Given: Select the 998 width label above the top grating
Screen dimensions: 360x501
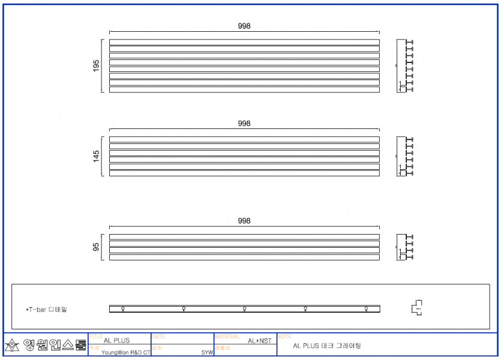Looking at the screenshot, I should pyautogui.click(x=244, y=26).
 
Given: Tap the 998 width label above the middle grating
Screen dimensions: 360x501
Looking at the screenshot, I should pyautogui.click(x=244, y=124).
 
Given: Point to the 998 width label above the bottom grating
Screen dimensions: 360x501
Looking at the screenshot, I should pyautogui.click(x=244, y=221).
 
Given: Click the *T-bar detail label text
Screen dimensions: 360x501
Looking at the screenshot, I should pyautogui.click(x=46, y=310).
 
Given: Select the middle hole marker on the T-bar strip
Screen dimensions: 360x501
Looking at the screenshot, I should pyautogui.click(x=244, y=308).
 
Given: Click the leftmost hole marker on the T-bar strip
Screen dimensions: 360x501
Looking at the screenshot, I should pyautogui.click(x=123, y=308).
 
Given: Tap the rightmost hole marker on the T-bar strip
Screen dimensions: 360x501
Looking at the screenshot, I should pyautogui.click(x=366, y=308).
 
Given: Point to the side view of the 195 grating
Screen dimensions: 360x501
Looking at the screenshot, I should pyautogui.click(x=406, y=66).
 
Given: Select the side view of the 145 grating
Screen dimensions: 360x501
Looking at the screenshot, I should pyautogui.click(x=406, y=157).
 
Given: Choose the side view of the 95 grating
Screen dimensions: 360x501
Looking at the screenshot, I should pyautogui.click(x=406, y=247).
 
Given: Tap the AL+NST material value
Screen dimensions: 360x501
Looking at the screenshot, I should pyautogui.click(x=259, y=341).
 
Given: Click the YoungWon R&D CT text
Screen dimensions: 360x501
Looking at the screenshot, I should pyautogui.click(x=125, y=353).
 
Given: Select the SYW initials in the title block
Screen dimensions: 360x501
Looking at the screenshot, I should pyautogui.click(x=207, y=353).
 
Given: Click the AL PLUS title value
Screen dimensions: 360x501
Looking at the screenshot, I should pyautogui.click(x=116, y=341).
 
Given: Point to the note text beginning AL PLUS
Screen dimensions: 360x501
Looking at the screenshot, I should pyautogui.click(x=327, y=346).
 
